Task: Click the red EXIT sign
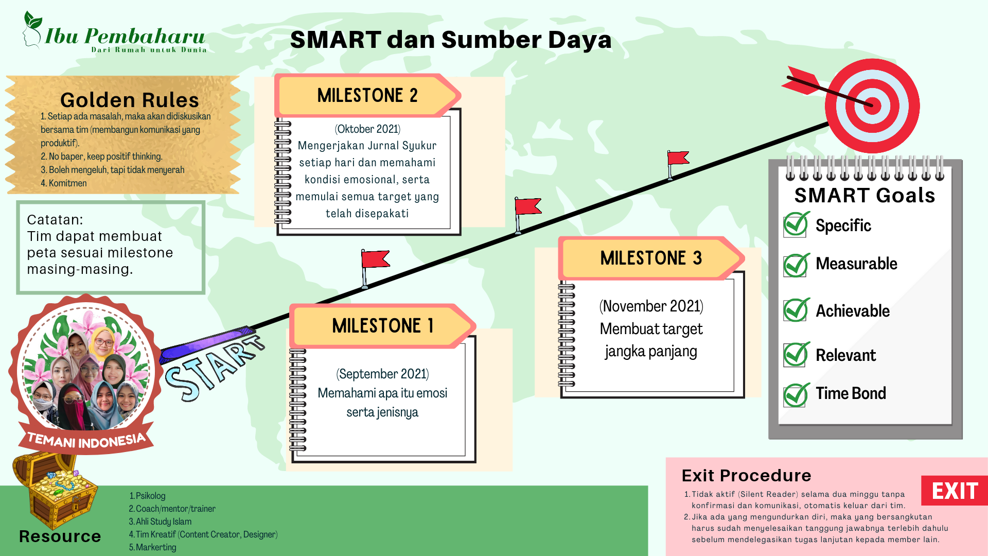coord(955,491)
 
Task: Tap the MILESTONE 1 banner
coord(382,326)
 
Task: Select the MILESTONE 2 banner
coord(367,95)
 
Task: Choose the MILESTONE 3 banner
coord(651,258)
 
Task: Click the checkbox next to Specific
coord(796,225)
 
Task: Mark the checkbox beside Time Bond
coord(796,395)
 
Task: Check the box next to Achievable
coord(796,310)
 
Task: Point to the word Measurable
coord(856,264)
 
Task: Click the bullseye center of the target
coord(872,106)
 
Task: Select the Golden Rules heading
coord(130,100)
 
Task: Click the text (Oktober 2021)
coord(367,129)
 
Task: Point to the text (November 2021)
coord(651,306)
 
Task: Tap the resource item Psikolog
coord(148,496)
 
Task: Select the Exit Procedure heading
coord(746,475)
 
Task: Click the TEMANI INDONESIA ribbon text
coord(86,441)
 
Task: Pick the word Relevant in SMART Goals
coord(845,355)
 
